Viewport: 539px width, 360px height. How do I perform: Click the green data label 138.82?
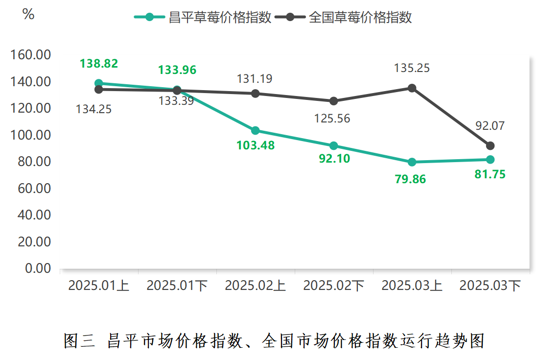(x=99, y=63)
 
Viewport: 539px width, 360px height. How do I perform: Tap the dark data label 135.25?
(x=412, y=68)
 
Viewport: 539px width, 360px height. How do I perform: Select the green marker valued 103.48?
(x=256, y=131)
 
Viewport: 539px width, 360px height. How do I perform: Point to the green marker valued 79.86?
(x=412, y=162)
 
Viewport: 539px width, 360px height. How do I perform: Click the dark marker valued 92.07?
(x=490, y=146)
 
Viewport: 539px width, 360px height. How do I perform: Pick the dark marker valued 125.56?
(x=334, y=101)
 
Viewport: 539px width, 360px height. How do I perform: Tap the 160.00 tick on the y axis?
(x=31, y=55)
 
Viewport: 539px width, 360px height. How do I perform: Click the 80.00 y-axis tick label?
(x=34, y=162)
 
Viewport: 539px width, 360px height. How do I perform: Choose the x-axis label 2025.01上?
(x=99, y=286)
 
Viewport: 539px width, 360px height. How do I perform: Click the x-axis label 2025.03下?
(x=490, y=286)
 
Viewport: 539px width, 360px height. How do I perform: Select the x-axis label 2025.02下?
(x=334, y=286)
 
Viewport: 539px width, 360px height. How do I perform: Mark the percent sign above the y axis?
(x=28, y=15)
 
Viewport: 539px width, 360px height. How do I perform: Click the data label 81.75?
(x=490, y=174)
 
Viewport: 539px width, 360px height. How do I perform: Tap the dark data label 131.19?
(x=255, y=79)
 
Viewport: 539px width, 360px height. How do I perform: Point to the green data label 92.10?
(x=334, y=159)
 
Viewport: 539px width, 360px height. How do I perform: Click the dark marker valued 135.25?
(x=412, y=88)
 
